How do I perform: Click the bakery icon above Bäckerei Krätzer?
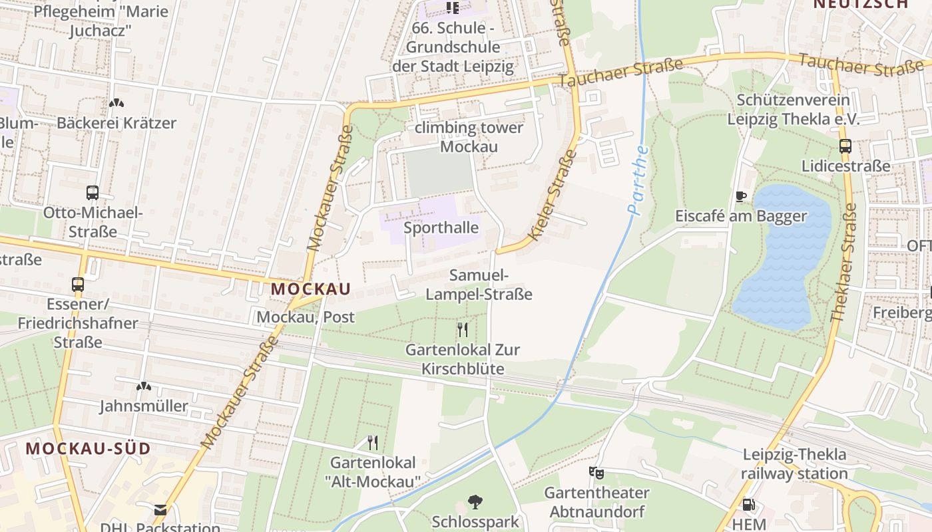point(116,104)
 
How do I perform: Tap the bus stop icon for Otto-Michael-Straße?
point(93,193)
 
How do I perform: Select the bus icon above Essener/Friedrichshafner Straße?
point(78,285)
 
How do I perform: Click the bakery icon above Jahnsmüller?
point(143,386)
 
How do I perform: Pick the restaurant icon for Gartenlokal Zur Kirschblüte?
point(463,329)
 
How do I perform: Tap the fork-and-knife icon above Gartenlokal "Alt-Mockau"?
point(373,442)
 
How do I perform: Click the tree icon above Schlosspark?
point(475,501)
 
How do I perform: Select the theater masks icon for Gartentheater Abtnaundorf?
point(596,473)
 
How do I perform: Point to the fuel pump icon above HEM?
point(748,505)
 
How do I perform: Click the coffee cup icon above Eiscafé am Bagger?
point(741,196)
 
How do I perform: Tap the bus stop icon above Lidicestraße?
point(845,146)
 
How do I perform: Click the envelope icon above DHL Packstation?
point(160,510)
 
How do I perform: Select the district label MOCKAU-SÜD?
point(89,448)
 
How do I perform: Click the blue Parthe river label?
point(638,180)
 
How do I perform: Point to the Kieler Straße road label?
point(553,195)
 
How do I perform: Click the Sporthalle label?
point(441,228)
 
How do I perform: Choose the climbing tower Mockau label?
point(469,137)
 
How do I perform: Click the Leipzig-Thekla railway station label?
point(795,464)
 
